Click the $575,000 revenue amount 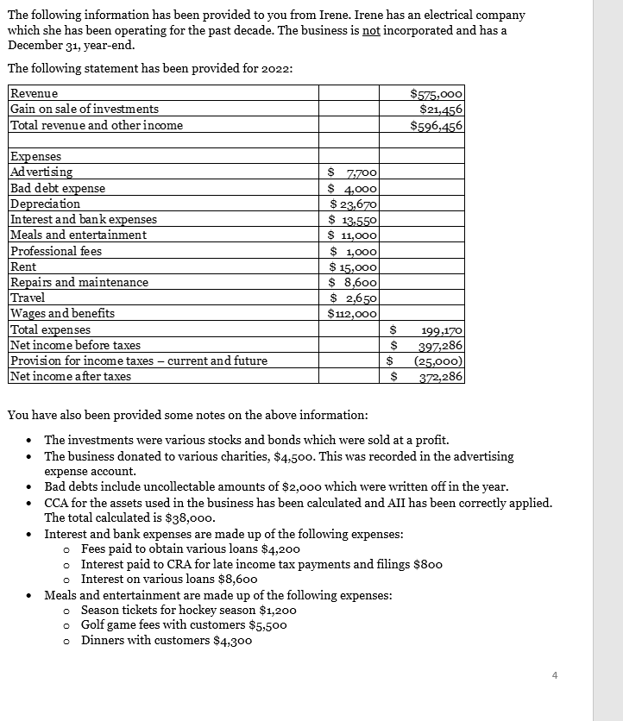437,94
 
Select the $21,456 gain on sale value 440,109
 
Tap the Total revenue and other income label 96,125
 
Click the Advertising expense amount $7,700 357,172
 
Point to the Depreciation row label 45,204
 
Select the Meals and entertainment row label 79,235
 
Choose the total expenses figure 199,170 442,329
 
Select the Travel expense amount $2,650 357,298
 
